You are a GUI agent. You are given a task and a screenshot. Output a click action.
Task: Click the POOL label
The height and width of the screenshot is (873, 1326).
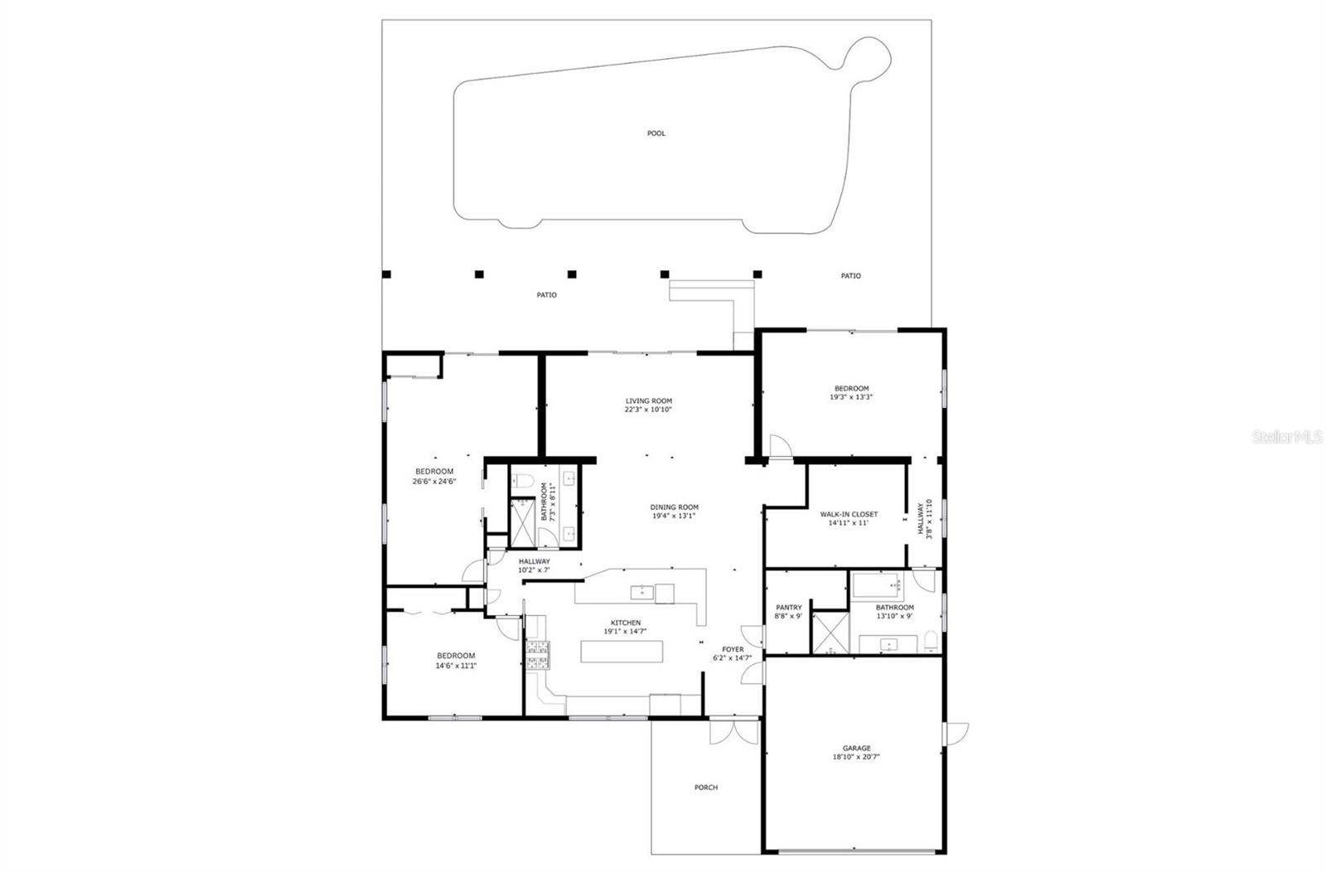pos(656,133)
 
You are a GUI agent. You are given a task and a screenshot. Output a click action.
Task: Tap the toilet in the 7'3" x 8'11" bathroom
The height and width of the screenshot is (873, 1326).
pos(522,481)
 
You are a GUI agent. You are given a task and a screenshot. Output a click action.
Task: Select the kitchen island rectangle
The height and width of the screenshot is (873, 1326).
pos(622,652)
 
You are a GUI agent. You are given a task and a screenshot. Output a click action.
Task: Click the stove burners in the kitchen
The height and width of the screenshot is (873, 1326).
pos(538,654)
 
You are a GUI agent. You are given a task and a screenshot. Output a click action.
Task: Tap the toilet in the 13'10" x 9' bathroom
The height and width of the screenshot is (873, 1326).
pos(931,642)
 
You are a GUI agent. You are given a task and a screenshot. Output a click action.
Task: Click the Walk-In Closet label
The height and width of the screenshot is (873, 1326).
pos(849,514)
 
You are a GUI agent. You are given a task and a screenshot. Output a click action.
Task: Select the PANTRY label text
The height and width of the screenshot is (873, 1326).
pos(788,608)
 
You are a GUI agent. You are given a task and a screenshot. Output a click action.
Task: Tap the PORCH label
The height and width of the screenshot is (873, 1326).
pos(706,788)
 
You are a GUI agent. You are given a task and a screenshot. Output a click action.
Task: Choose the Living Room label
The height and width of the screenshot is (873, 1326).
pos(648,400)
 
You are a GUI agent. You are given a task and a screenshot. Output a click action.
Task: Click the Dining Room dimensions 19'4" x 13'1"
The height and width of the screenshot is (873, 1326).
pos(673,516)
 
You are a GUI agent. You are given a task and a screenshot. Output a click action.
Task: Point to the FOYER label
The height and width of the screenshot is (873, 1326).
pos(733,650)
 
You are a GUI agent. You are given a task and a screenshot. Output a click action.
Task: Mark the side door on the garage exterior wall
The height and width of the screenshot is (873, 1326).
pos(956,733)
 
